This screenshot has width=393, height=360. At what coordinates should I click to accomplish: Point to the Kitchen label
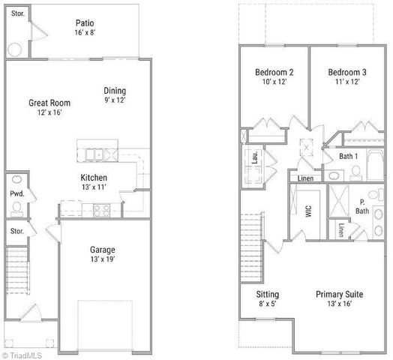(94, 178)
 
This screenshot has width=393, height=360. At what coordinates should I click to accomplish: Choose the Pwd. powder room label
(17, 193)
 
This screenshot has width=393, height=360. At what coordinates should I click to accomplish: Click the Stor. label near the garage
(17, 231)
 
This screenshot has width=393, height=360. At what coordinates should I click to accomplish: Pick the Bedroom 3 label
(345, 72)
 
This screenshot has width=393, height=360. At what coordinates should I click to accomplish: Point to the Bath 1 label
(348, 156)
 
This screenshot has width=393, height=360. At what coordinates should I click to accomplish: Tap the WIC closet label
(308, 211)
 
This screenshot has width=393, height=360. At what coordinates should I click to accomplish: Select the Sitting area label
(268, 294)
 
